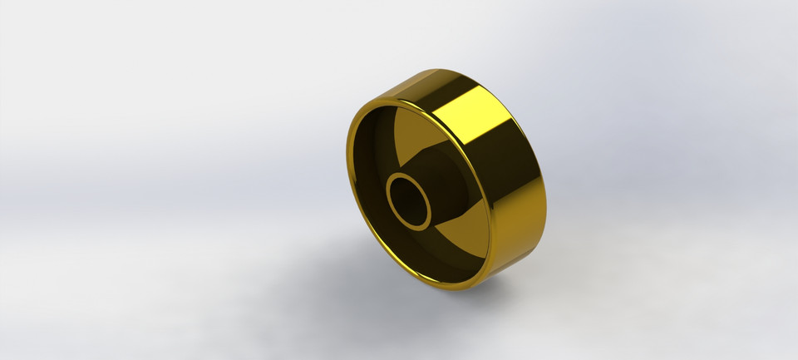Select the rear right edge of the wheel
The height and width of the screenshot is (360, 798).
[x=545, y=204]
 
